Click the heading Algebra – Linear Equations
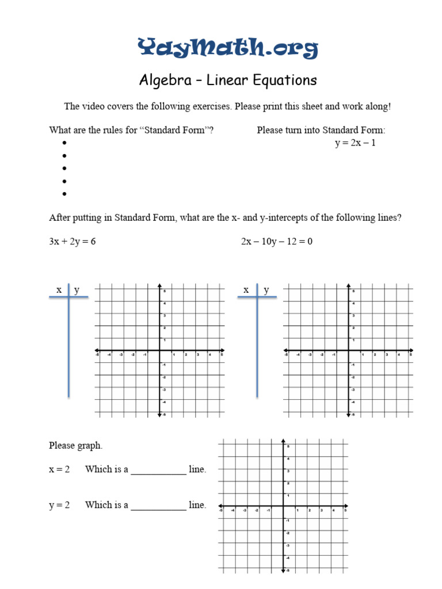point(228,80)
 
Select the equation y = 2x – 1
point(355,143)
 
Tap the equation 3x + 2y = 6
point(73,242)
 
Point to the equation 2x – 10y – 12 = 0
point(276,242)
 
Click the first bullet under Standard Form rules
point(64,143)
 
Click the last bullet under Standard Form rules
point(64,194)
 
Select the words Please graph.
point(76,445)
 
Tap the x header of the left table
point(59,290)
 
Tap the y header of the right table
point(266,290)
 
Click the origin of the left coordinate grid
point(159,350)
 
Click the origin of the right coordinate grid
point(348,350)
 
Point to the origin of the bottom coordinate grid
point(283,508)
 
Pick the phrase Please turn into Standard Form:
point(321,130)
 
